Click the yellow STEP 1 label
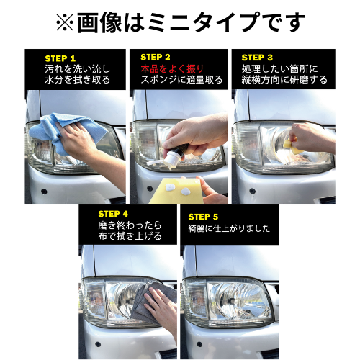click(60, 58)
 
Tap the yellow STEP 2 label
click(156, 57)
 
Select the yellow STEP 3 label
click(257, 58)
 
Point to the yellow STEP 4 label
click(113, 214)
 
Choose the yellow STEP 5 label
click(203, 216)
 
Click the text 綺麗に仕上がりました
click(229, 228)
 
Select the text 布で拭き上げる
click(130, 236)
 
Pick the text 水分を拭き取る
click(77, 80)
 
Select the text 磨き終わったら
click(129, 225)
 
